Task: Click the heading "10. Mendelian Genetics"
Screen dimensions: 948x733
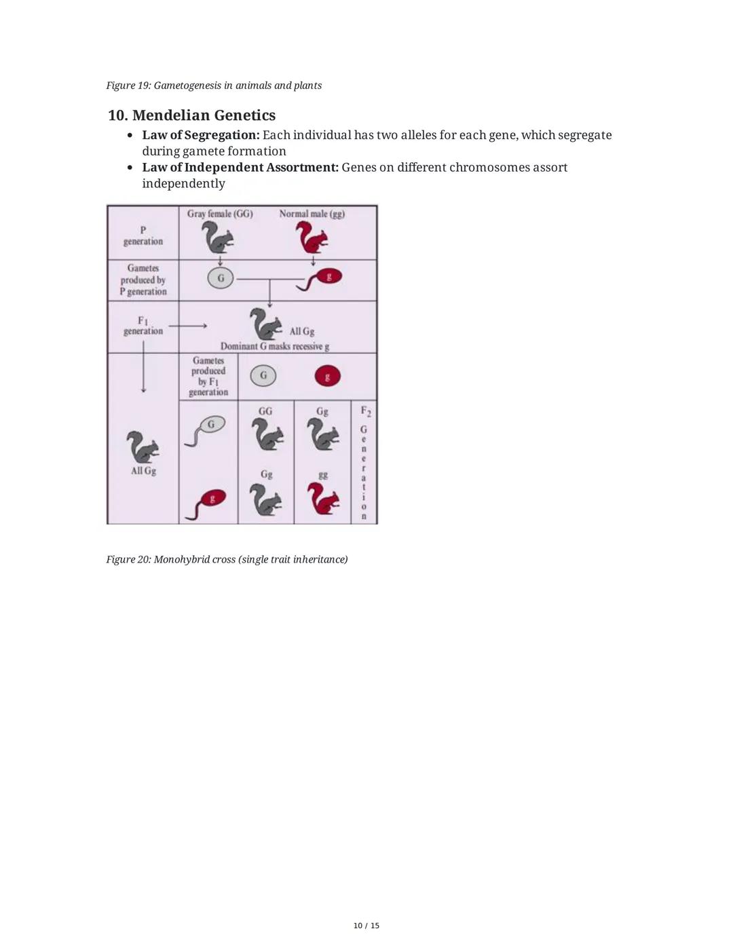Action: coord(191,115)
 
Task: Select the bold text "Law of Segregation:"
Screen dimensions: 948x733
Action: coord(201,135)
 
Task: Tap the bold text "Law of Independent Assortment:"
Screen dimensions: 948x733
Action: coord(240,167)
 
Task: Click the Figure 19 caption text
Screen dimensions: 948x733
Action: coord(214,86)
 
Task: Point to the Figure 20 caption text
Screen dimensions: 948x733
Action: coord(227,559)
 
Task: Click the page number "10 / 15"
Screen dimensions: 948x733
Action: coord(366,926)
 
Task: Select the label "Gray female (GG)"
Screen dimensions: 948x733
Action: coord(220,214)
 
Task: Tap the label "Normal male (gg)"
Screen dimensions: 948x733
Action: coord(312,214)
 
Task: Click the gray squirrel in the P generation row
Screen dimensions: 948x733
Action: coord(218,238)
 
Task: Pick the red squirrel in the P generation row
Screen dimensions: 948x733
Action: coord(312,238)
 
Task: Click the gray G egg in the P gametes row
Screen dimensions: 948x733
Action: coord(220,278)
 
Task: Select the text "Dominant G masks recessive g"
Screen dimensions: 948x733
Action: coord(275,346)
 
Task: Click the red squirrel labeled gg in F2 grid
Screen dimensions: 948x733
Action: coord(323,499)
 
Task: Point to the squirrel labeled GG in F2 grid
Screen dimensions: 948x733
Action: coord(267,434)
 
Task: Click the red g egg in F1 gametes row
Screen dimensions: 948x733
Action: coord(327,376)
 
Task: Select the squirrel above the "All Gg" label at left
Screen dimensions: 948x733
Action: coord(143,447)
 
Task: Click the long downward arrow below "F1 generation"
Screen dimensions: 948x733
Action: coord(143,366)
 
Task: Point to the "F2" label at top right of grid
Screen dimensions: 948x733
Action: coord(365,411)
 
